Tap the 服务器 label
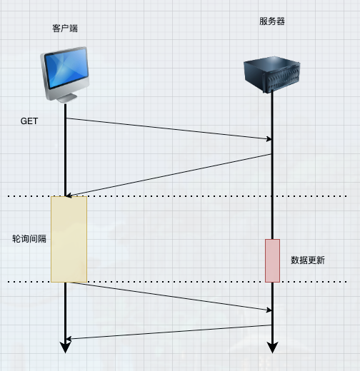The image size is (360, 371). [271, 21]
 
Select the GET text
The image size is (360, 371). [29, 121]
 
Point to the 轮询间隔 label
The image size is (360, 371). [29, 239]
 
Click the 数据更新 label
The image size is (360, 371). [308, 260]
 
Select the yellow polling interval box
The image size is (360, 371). [69, 239]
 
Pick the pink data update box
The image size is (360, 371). [272, 260]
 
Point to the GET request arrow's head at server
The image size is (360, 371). [269, 139]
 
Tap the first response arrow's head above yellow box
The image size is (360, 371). [69, 195]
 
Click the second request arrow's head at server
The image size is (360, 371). [269, 310]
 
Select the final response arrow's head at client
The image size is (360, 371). [69, 338]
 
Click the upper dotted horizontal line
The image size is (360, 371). [179, 196]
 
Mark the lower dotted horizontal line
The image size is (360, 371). [179, 282]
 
